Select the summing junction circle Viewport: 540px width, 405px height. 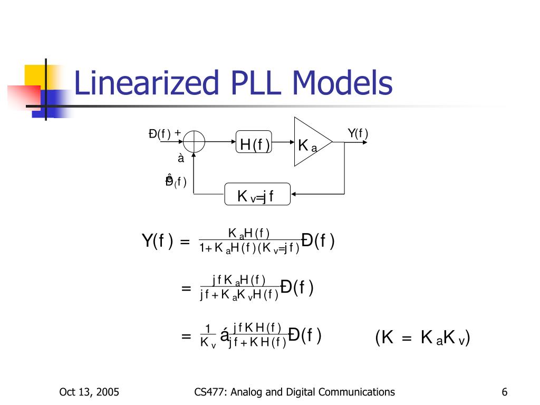click(x=195, y=142)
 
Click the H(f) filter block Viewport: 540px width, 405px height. click(x=254, y=143)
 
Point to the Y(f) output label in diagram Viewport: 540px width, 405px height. click(x=358, y=133)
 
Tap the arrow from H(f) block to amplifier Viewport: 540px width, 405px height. click(x=283, y=142)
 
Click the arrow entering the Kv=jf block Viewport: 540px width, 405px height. click(x=301, y=195)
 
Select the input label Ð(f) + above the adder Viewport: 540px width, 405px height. click(x=165, y=133)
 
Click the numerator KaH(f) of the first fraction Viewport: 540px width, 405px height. click(x=248, y=233)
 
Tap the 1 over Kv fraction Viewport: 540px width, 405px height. click(x=208, y=336)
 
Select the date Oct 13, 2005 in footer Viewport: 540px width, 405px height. click(x=89, y=392)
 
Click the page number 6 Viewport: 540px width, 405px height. click(x=505, y=392)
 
